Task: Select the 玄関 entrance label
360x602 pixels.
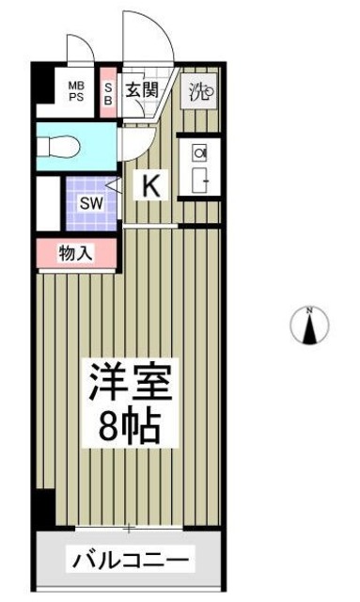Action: coord(142,91)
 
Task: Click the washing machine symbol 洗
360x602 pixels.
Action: coord(199,91)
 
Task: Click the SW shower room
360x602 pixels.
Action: coord(89,202)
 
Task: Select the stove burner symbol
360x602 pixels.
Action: coord(199,152)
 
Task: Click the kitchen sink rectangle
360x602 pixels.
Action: coord(199,181)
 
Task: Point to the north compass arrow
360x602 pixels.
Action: coord(308,328)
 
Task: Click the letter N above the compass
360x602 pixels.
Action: coord(308,310)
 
